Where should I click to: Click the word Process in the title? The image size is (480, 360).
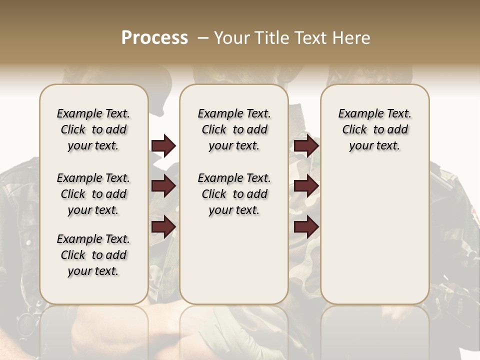(x=154, y=38)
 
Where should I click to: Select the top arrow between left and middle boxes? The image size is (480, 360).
(x=163, y=146)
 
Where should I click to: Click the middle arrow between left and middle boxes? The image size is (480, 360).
(x=163, y=186)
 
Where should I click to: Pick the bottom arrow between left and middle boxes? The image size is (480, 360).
(x=163, y=226)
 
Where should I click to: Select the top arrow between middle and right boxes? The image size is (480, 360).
(x=306, y=146)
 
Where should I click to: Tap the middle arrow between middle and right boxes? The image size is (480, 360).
(x=306, y=186)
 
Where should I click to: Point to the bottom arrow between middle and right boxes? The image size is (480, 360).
(x=306, y=226)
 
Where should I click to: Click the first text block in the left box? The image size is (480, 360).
(x=93, y=129)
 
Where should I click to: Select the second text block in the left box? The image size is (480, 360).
(x=93, y=194)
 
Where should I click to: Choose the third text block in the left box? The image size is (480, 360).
(x=93, y=255)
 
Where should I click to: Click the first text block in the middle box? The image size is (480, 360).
(x=234, y=129)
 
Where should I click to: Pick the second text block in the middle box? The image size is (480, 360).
(x=234, y=194)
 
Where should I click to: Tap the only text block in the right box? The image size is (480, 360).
(x=374, y=129)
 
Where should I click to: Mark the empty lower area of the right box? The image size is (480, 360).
(x=374, y=235)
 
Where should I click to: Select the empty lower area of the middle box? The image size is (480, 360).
(x=234, y=260)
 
